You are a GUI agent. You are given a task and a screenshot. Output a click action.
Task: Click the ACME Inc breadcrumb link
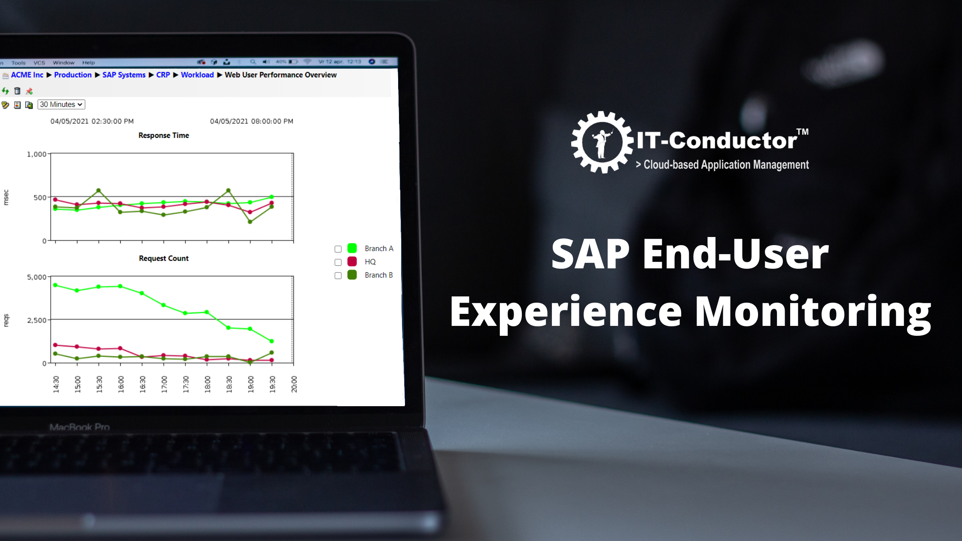point(27,75)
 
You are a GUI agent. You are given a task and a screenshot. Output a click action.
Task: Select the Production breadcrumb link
point(73,75)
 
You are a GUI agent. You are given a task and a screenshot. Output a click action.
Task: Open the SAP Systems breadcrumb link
point(124,75)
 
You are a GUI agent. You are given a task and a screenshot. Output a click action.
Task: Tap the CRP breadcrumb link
point(163,75)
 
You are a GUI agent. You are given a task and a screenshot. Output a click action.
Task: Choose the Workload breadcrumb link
point(197,75)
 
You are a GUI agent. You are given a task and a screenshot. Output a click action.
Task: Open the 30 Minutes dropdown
point(61,104)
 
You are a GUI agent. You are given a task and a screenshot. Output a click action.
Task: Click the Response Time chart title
point(164,136)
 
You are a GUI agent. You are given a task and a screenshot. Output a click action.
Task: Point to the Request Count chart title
point(164,258)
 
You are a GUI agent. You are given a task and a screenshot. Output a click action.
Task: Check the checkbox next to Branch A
point(338,249)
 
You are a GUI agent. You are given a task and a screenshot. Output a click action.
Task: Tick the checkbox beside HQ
point(338,262)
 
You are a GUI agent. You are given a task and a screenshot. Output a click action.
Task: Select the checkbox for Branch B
point(338,276)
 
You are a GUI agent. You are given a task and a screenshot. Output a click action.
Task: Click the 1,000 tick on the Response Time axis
point(37,154)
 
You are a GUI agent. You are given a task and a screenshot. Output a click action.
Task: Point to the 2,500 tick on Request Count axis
point(37,320)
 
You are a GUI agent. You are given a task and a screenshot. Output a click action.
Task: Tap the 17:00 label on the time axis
point(164,384)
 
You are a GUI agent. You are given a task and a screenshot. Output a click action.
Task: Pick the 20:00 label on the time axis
point(294,384)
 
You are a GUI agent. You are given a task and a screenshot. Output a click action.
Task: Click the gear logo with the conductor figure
point(602,142)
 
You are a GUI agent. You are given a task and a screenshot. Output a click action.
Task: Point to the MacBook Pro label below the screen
point(79,427)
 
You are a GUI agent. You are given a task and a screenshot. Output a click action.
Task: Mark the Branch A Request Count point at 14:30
point(55,285)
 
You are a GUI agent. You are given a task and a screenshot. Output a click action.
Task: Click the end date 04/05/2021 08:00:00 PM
point(252,122)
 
